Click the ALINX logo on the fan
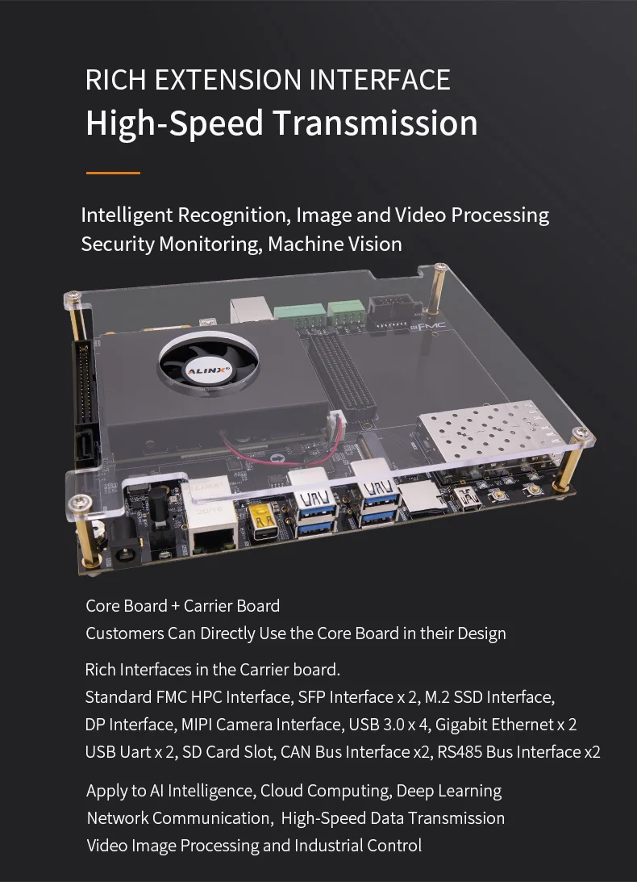pyautogui.click(x=208, y=371)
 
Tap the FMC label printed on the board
pyautogui.click(x=431, y=326)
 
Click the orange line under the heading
pyautogui.click(x=113, y=173)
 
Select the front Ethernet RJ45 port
pyautogui.click(x=214, y=540)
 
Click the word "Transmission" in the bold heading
pyautogui.click(x=375, y=123)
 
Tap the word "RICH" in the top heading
pyautogui.click(x=115, y=79)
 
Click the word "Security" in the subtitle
pyautogui.click(x=117, y=245)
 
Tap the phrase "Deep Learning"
pyautogui.click(x=448, y=791)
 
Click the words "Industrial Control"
pyautogui.click(x=357, y=846)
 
